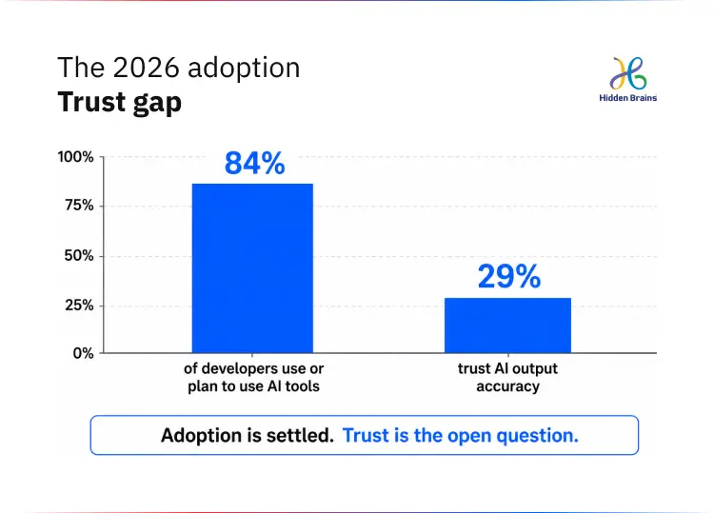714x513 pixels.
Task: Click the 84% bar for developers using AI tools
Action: coord(252,268)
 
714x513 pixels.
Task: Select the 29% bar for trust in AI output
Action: coord(507,325)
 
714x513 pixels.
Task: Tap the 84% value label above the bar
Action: coord(254,163)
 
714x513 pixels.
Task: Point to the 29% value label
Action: coord(509,276)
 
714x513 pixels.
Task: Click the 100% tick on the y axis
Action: coord(75,157)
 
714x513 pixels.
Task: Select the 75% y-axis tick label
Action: coord(79,206)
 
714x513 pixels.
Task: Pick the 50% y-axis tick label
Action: coord(79,256)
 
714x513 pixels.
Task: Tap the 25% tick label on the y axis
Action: coord(79,305)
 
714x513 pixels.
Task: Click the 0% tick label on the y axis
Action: coord(83,353)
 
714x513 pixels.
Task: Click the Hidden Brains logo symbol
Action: coord(628,73)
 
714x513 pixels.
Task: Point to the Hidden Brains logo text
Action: coord(628,98)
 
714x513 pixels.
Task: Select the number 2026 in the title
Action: coord(146,68)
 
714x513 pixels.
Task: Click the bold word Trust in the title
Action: coord(91,101)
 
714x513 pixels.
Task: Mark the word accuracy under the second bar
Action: coord(507,387)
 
